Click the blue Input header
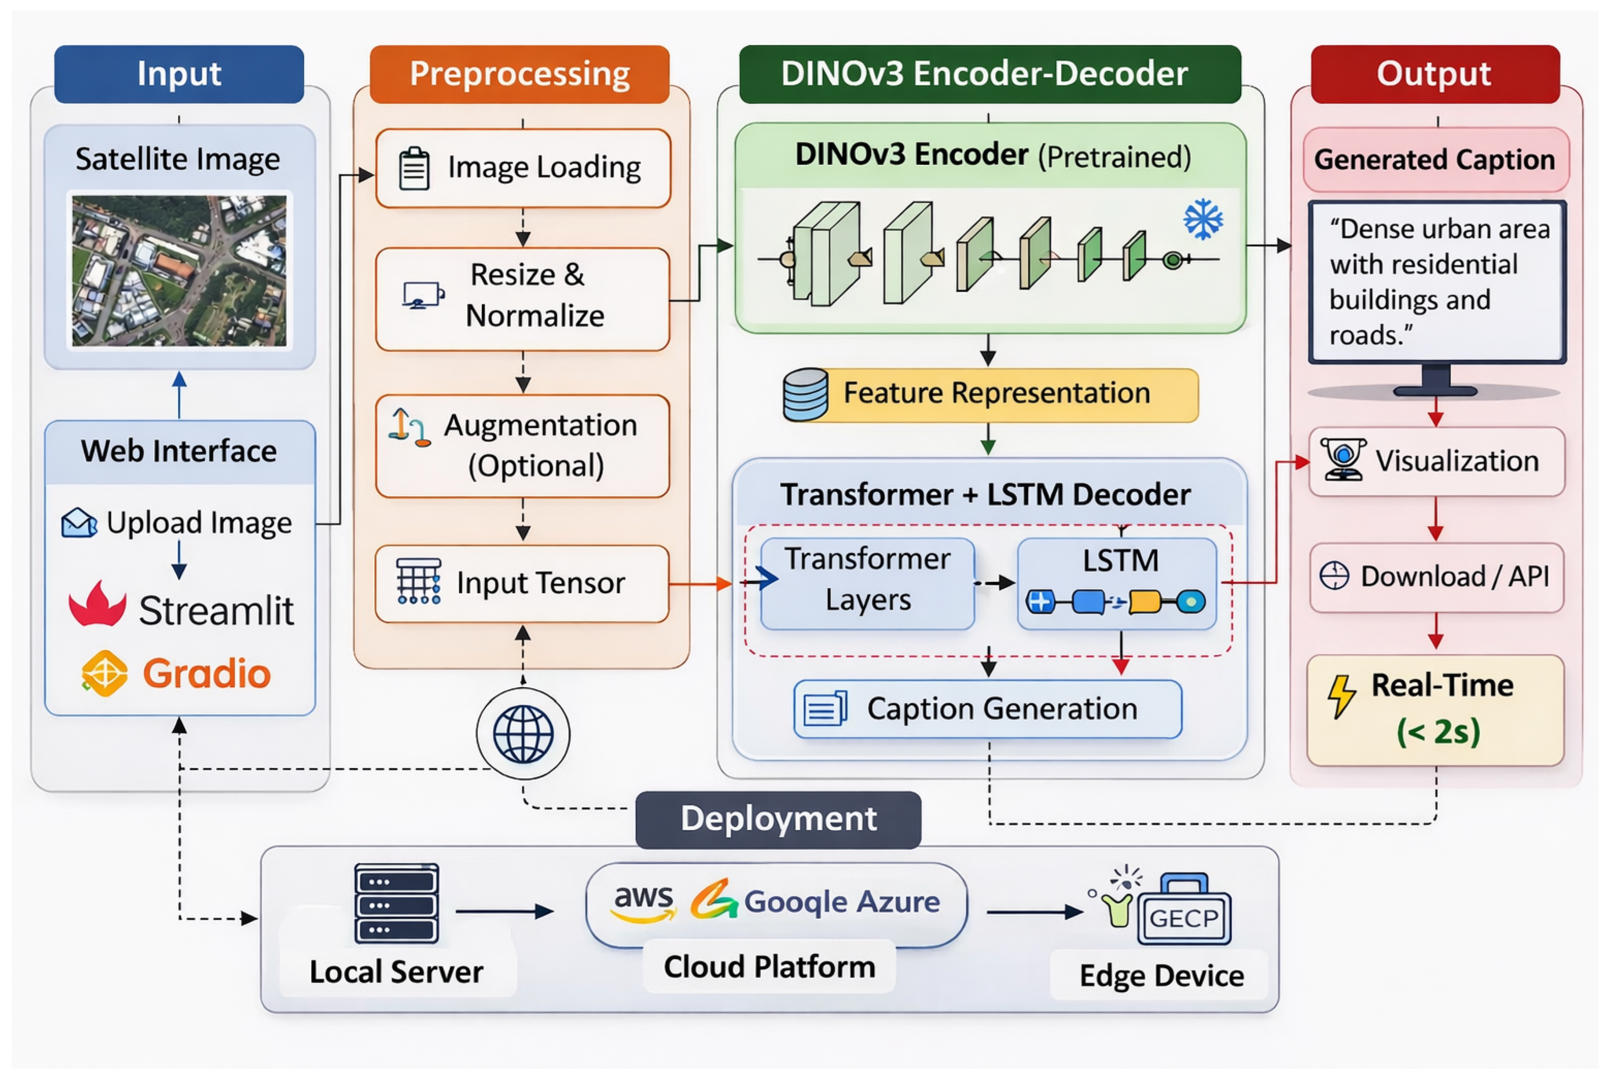tap(179, 74)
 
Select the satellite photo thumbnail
tap(179, 270)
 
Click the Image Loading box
tap(523, 168)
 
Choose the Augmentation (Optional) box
tap(523, 446)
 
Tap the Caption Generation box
tap(987, 709)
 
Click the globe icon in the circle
tap(523, 734)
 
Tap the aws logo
tap(643, 901)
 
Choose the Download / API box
tap(1436, 577)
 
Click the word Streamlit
tap(217, 611)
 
